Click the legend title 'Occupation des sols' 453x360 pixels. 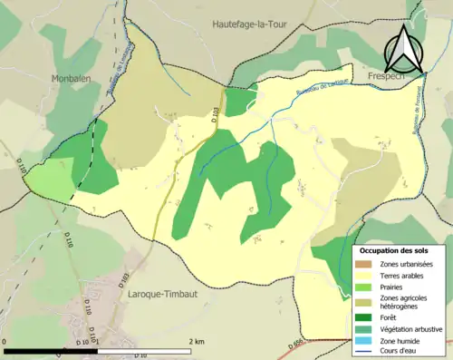395,250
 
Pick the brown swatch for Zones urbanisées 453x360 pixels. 362,264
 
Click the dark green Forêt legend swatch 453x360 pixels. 362,317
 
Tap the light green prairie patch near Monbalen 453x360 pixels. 51,180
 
